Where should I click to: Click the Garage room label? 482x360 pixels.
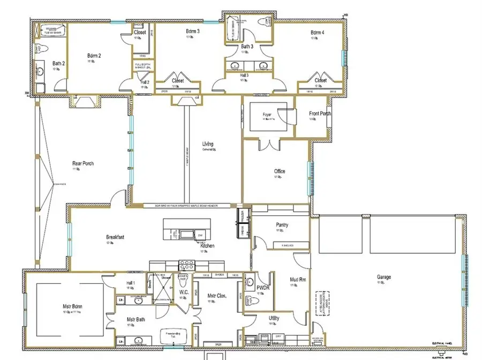[x=383, y=277]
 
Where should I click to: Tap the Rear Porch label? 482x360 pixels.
[x=83, y=163]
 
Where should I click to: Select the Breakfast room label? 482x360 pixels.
[x=115, y=236]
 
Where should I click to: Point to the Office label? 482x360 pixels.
[x=280, y=171]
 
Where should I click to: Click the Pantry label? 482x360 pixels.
[x=282, y=225]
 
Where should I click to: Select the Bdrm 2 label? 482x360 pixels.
[x=94, y=55]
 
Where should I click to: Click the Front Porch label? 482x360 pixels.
[x=320, y=114]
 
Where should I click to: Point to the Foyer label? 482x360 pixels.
[x=267, y=115]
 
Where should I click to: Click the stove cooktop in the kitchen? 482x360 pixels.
[x=186, y=264]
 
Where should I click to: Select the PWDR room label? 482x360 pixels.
[x=262, y=287]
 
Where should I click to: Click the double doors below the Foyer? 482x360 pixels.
[x=268, y=145]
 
